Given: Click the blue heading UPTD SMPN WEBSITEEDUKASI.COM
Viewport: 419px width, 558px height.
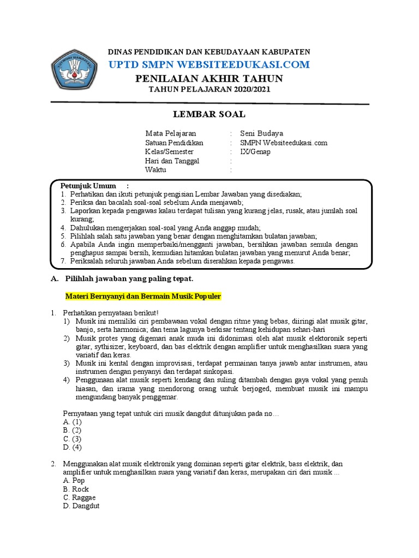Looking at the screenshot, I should (209, 65).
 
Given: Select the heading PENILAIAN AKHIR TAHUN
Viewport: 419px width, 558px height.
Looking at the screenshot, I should (209, 79).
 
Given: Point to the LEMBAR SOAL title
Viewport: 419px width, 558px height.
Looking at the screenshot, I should (209, 114).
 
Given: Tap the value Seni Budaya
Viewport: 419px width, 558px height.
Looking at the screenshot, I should (261, 133).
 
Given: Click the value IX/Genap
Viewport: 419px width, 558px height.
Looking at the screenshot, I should (255, 151).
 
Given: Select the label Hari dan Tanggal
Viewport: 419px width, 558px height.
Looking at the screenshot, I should (172, 161).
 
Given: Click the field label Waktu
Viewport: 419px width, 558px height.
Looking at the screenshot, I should (155, 170).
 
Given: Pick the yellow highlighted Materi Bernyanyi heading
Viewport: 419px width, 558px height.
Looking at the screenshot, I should (143, 296).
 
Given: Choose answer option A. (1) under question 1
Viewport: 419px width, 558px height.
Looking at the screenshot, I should (73, 422).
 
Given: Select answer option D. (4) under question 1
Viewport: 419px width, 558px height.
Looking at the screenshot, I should (73, 447).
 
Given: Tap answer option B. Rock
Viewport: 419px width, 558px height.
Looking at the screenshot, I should (76, 489).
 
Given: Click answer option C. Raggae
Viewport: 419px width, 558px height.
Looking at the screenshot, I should (79, 498).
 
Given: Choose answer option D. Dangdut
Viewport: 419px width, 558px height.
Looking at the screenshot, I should (81, 506).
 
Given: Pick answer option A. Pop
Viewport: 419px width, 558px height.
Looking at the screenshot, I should (74, 481).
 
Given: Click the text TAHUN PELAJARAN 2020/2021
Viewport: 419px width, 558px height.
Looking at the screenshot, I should (209, 90).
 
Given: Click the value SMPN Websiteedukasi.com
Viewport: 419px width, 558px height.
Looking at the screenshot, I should (284, 142).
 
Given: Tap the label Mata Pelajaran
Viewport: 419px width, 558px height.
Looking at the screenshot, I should (170, 133).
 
